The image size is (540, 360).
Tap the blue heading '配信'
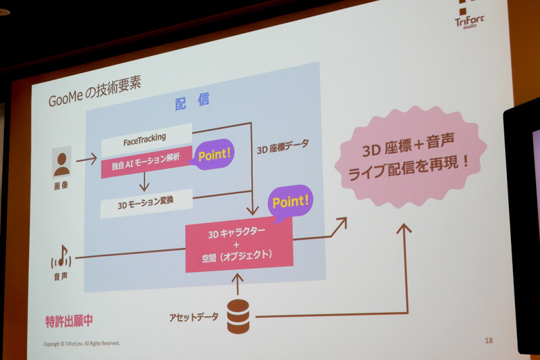point(192,102)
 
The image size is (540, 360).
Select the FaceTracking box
point(146,138)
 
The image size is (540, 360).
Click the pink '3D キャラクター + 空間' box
point(239,245)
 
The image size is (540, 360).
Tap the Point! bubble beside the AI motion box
point(214,155)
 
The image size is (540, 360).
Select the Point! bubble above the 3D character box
point(290,201)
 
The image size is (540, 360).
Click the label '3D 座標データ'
point(283,144)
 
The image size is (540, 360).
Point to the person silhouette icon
point(62,162)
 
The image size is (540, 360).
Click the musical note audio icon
point(61,256)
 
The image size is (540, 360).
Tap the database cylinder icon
point(238,315)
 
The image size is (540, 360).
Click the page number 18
point(489,340)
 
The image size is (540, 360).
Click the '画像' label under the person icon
point(60,184)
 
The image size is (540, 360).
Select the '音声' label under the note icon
point(61,278)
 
